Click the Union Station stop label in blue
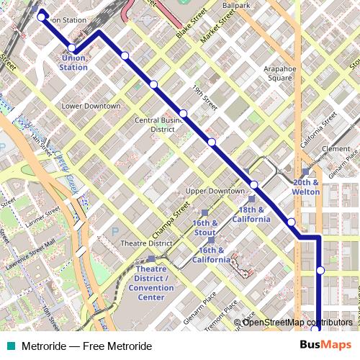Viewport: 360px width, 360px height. pos(75,63)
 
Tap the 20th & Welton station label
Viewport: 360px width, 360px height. pos(306,187)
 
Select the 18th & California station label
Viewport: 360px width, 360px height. pos(251,214)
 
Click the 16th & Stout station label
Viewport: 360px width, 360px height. pos(204,228)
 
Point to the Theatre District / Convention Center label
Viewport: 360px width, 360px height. pos(150,282)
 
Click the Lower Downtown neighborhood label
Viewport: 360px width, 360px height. pos(91,106)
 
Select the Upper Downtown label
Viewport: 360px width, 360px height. pos(216,191)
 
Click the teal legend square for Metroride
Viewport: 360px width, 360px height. pos(11,346)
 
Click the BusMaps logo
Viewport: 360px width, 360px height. pos(325,346)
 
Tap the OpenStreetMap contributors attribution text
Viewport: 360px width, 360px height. pos(297,323)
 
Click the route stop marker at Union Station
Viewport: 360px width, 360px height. pos(71,48)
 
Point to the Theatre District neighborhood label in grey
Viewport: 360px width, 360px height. pos(146,243)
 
